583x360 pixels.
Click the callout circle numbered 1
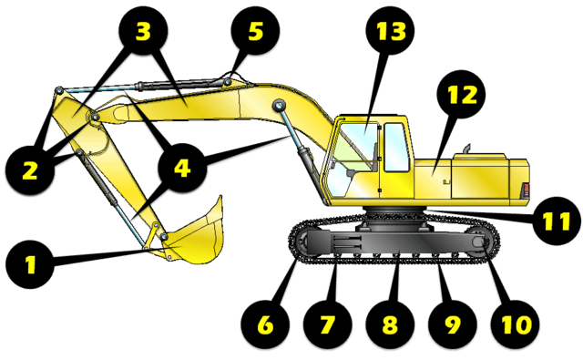click(30, 264)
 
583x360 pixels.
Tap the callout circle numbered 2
click(30, 170)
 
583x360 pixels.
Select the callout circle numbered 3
click(143, 31)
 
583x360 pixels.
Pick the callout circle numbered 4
click(182, 168)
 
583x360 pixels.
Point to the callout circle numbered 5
click(255, 31)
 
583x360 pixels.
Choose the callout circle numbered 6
click(265, 324)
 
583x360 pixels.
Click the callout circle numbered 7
click(328, 324)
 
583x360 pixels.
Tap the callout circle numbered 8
click(390, 324)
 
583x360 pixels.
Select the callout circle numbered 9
click(453, 324)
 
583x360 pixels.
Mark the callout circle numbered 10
click(515, 324)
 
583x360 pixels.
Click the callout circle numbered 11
click(557, 221)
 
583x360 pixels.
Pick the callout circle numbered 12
click(462, 94)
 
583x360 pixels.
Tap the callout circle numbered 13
click(390, 31)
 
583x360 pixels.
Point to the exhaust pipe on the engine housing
click(467, 149)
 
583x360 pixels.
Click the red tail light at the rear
click(525, 190)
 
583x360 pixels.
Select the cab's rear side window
click(396, 148)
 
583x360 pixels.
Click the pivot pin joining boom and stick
click(95, 118)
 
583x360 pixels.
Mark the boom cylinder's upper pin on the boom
click(279, 105)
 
